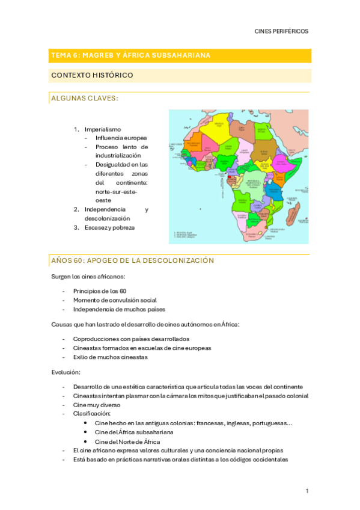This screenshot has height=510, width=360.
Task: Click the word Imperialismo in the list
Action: coord(103,129)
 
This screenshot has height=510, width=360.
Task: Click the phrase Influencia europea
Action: coord(121,138)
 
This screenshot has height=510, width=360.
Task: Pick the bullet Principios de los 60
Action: coord(100,290)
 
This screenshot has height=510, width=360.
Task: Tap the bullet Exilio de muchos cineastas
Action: coord(110,357)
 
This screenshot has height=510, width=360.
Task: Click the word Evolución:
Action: coord(69,372)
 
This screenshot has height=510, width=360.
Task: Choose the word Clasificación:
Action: coord(92,414)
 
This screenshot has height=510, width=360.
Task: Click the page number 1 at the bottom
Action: coord(307,491)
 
